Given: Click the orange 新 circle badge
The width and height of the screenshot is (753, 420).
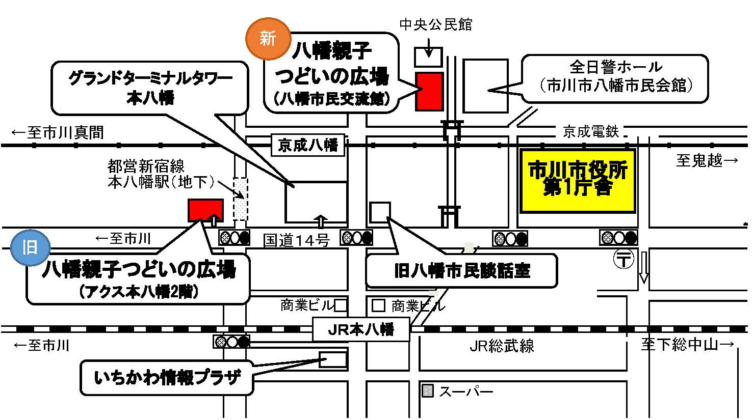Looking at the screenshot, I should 268,38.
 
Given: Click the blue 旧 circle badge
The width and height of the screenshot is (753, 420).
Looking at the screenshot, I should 30,248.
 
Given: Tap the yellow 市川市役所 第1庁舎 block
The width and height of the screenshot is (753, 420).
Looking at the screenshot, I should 578,180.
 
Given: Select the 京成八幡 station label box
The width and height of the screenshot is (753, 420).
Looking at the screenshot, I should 308,146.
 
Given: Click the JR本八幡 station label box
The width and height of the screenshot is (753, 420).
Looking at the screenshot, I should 361,329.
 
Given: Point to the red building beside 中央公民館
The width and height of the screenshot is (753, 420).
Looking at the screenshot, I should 429,91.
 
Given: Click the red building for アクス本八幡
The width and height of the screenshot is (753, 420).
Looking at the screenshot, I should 205,210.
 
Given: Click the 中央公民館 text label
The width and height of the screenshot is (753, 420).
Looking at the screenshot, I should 436,24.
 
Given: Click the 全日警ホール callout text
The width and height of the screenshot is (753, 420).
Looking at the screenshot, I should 615,77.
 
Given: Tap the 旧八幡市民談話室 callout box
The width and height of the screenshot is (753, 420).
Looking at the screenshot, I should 461,271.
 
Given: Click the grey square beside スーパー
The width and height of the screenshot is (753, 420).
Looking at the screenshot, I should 428,391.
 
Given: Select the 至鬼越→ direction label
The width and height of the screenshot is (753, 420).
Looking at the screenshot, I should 707,161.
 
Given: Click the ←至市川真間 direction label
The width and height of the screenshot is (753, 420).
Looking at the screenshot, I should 58,133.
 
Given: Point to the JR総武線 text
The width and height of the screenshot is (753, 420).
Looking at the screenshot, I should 502,347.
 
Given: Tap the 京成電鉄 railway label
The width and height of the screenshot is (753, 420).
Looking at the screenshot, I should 591,132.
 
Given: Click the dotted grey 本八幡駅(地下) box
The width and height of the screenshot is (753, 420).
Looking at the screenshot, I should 241,199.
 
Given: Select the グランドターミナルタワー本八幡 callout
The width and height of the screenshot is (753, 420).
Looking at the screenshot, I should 150,88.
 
